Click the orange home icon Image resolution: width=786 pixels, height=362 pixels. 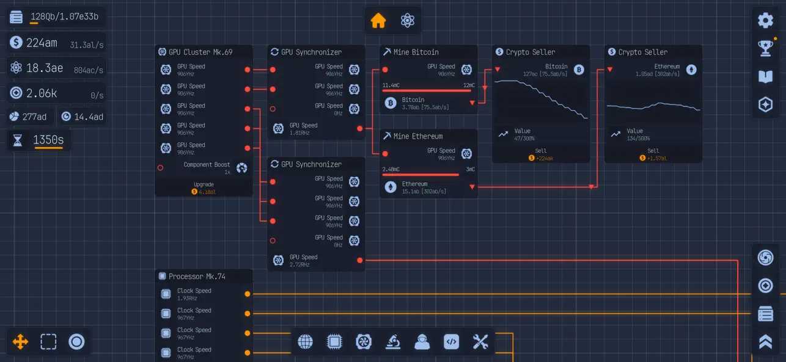coord(378,21)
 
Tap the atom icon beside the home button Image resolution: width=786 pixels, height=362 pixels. coord(408,21)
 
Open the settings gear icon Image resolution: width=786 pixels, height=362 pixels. coord(765,21)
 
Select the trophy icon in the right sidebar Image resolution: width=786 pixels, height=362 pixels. coord(765,48)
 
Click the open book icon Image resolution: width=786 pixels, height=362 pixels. coord(765,76)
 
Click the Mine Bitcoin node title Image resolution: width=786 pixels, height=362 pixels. coord(416,52)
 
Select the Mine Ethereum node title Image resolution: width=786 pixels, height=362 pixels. coord(417,136)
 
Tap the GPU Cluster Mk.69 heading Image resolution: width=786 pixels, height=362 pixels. coord(200,52)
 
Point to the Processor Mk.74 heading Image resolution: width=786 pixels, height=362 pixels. coord(197,277)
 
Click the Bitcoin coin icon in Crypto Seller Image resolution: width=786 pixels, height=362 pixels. coord(579,70)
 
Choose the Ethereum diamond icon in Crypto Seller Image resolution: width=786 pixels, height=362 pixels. coord(691,70)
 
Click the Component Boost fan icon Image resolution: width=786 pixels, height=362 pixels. coord(242,168)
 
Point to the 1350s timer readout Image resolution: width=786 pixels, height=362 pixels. coord(48,140)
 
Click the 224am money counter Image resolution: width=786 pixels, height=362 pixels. coord(42,43)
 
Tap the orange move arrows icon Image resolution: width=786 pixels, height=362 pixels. coord(20,342)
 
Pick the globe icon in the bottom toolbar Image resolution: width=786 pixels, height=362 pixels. coord(305,342)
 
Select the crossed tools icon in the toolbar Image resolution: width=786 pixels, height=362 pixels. coord(480,342)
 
